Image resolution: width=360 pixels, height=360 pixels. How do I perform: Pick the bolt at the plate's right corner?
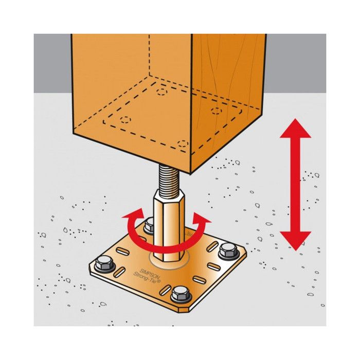[228, 251]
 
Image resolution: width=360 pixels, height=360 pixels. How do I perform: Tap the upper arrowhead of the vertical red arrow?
[295, 129]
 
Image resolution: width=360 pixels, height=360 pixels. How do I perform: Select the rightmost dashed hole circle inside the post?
[217, 111]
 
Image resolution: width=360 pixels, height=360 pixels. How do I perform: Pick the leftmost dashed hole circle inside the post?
[125, 120]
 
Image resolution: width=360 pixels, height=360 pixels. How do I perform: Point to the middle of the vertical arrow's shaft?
[295, 185]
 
